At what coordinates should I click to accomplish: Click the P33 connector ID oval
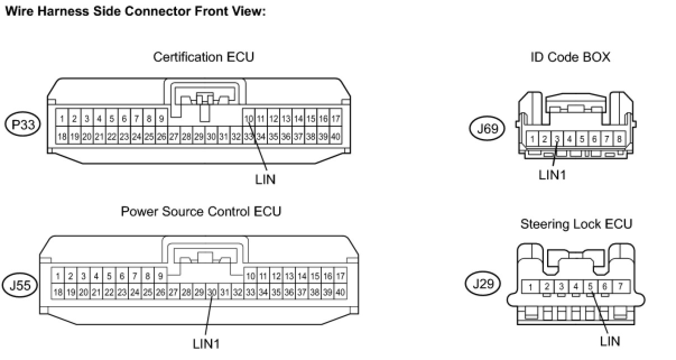[23, 124]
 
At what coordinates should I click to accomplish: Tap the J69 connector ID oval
[487, 129]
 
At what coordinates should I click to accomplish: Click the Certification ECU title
[203, 57]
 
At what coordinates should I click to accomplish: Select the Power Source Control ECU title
[201, 211]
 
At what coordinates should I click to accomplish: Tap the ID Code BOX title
[570, 57]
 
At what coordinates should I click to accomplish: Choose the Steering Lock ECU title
[576, 224]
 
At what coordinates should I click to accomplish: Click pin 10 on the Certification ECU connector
[249, 119]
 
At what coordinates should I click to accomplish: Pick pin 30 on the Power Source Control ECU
[211, 292]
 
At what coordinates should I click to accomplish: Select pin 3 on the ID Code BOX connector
[557, 139]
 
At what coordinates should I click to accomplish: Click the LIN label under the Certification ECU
[265, 179]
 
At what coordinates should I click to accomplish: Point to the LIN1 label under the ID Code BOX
[552, 174]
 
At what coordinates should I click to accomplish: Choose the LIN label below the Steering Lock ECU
[610, 340]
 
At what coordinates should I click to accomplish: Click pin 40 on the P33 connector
[336, 137]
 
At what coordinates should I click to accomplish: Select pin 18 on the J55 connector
[57, 292]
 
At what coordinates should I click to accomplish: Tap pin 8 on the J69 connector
[619, 139]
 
